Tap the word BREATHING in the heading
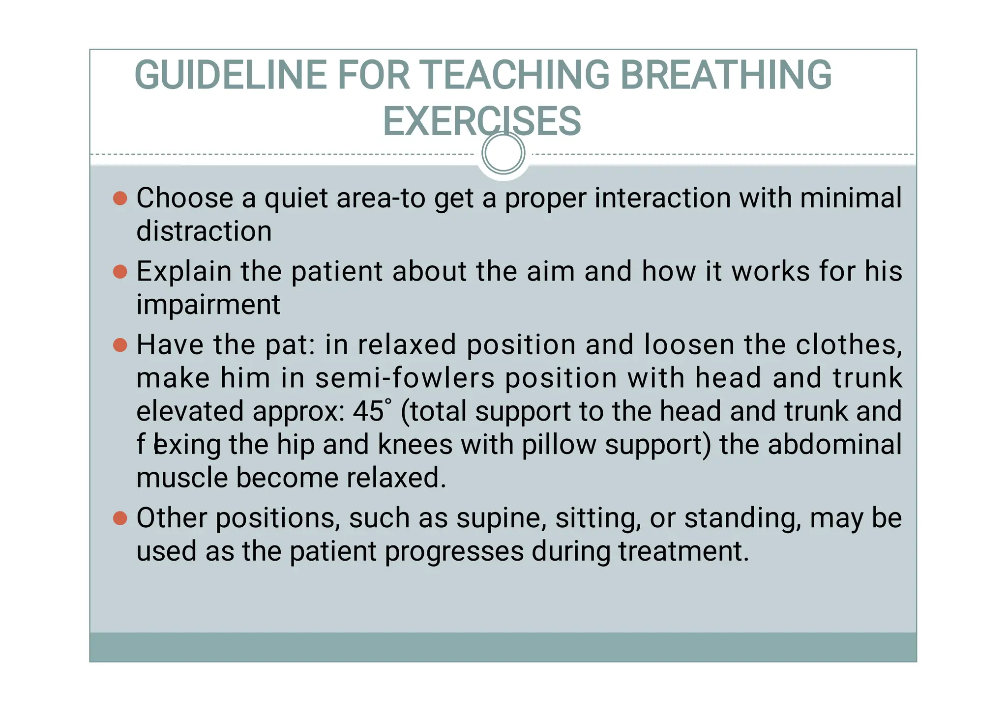(726, 75)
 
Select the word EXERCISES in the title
(482, 121)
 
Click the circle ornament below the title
(503, 153)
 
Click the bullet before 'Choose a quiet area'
(120, 199)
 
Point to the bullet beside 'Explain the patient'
(120, 272)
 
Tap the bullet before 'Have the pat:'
(120, 345)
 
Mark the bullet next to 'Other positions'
(120, 518)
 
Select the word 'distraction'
(204, 231)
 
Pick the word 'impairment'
(208, 305)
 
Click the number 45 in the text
(368, 411)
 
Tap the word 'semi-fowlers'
(405, 378)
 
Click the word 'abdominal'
(834, 445)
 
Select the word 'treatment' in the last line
(683, 551)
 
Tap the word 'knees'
(415, 445)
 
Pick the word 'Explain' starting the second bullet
(184, 272)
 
